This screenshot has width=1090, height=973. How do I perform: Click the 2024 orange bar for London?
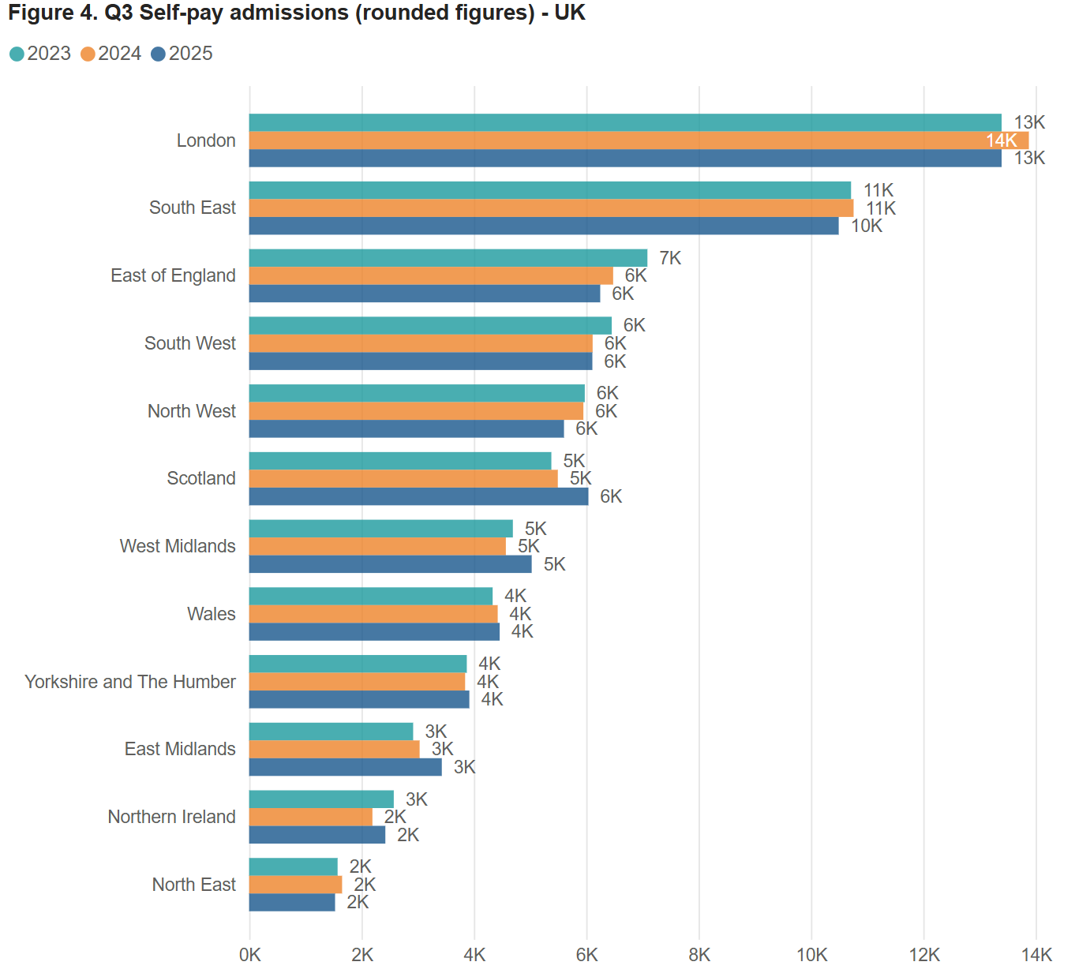[616, 140]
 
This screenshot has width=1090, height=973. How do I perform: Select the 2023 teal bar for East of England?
[448, 258]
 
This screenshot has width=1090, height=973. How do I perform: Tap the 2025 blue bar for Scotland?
[418, 496]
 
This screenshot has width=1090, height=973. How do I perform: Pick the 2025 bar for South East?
[544, 226]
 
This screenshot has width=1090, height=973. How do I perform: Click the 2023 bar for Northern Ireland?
[321, 799]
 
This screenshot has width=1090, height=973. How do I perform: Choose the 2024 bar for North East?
[295, 885]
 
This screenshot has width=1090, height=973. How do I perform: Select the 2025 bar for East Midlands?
[345, 767]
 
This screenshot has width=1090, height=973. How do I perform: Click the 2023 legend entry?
[40, 54]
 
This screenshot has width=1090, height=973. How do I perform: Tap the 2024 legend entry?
[111, 54]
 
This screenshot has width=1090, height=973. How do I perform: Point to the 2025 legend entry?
[182, 54]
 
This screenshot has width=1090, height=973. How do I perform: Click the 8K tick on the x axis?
[699, 955]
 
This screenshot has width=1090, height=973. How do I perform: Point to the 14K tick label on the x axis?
[1036, 955]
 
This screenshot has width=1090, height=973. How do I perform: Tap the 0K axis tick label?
[250, 955]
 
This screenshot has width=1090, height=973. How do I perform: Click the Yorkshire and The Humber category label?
[130, 682]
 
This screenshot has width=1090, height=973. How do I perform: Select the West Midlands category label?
[178, 546]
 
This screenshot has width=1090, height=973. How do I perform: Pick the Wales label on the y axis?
[211, 614]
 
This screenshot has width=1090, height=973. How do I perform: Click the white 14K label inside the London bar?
[1001, 140]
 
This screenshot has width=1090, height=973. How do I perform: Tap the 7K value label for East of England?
[670, 258]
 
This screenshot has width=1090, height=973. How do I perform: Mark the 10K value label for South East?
[866, 226]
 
